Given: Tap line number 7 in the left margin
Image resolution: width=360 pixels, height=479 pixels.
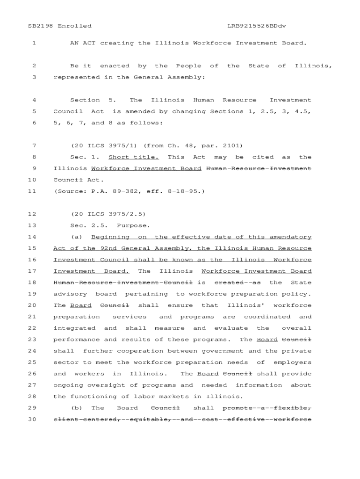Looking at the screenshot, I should pos(34,145).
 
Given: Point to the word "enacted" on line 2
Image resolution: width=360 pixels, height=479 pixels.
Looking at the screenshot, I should pos(115,66).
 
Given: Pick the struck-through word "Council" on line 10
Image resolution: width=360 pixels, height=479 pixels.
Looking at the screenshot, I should pos(68,180).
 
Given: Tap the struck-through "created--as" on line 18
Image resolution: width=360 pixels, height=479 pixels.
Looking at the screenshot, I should pos(238,283).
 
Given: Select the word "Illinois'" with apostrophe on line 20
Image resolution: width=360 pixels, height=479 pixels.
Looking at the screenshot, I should pos(246,305).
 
